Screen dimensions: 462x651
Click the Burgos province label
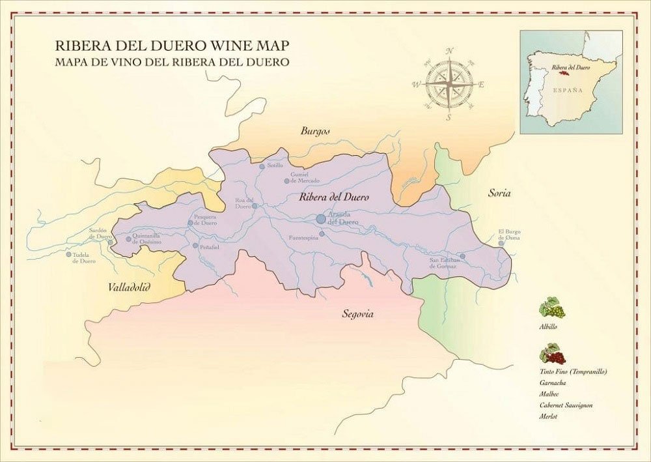[x=315, y=131]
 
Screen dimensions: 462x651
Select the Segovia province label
[x=357, y=314]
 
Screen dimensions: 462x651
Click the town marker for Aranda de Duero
[x=321, y=219]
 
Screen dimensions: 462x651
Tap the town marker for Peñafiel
[x=195, y=246]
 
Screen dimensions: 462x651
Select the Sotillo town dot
[x=262, y=166]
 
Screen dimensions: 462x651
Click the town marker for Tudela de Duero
[x=68, y=254]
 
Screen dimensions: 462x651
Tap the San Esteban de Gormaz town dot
[x=462, y=256]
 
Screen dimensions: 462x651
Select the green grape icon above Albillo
[x=551, y=307]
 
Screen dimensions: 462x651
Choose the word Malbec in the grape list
[x=549, y=394]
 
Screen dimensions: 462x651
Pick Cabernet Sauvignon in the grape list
[x=566, y=405]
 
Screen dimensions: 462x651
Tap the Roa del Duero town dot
[x=255, y=206]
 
